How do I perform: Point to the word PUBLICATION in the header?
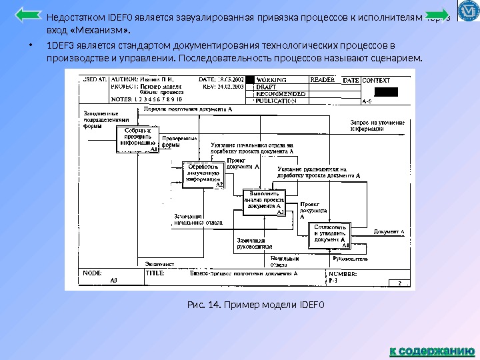pyautogui.click(x=277, y=101)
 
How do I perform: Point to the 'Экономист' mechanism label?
pyautogui.click(x=159, y=264)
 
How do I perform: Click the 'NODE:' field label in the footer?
pyautogui.click(x=93, y=273)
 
